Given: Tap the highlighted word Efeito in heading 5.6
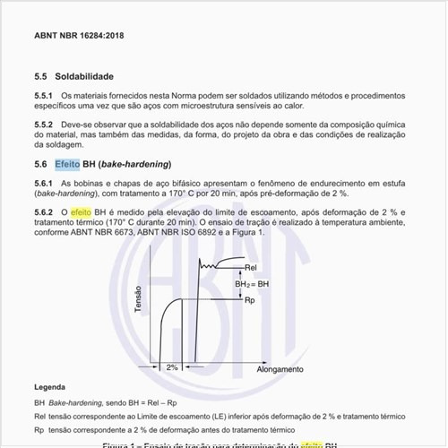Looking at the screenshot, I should click(66, 165).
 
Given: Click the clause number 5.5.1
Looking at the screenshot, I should click(45, 95).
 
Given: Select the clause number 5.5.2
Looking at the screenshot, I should click(45, 125).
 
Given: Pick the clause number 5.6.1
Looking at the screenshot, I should click(45, 183).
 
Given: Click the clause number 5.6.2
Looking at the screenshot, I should click(45, 211).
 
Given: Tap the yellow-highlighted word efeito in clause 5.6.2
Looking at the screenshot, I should click(82, 211).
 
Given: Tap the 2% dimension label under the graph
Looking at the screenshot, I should click(172, 367).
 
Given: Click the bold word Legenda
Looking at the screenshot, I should click(49, 387).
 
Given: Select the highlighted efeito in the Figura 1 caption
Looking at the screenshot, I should click(314, 444).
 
